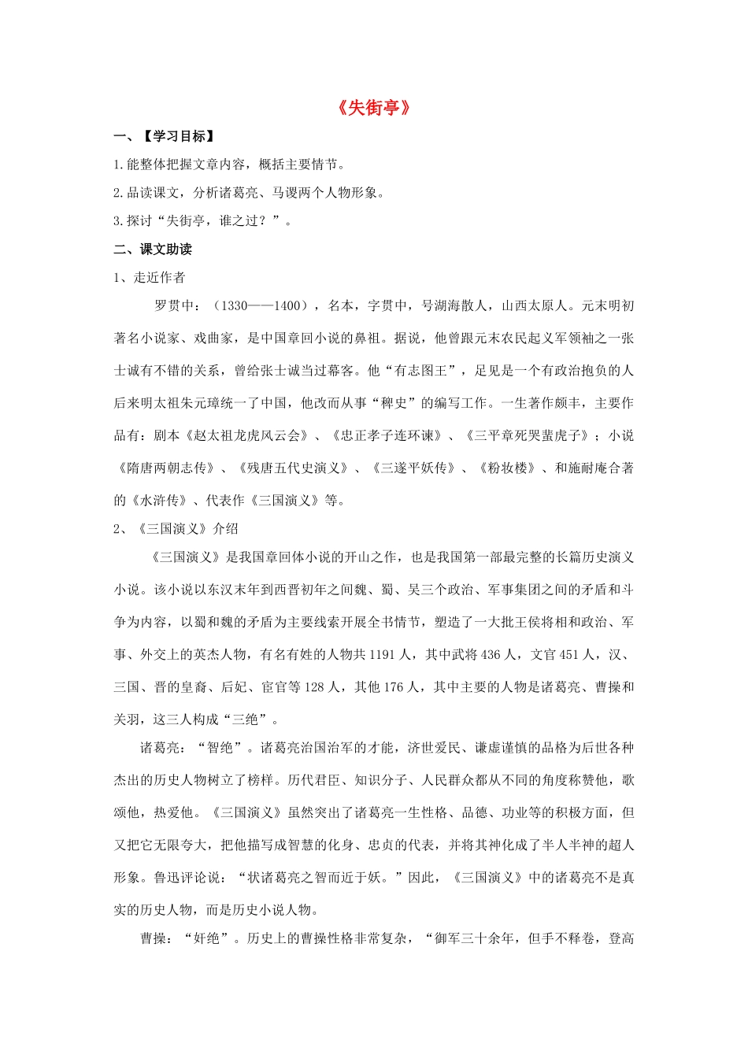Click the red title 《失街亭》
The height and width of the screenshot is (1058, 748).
coord(374,108)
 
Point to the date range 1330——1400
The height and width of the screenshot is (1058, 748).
coord(263,305)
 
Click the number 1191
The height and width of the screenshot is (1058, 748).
coord(382,654)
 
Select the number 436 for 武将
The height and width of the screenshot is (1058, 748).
coord(491,654)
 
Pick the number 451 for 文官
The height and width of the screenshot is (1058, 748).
coord(569,654)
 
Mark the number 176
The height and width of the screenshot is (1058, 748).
coord(394,686)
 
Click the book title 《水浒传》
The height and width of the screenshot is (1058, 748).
coord(159,500)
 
